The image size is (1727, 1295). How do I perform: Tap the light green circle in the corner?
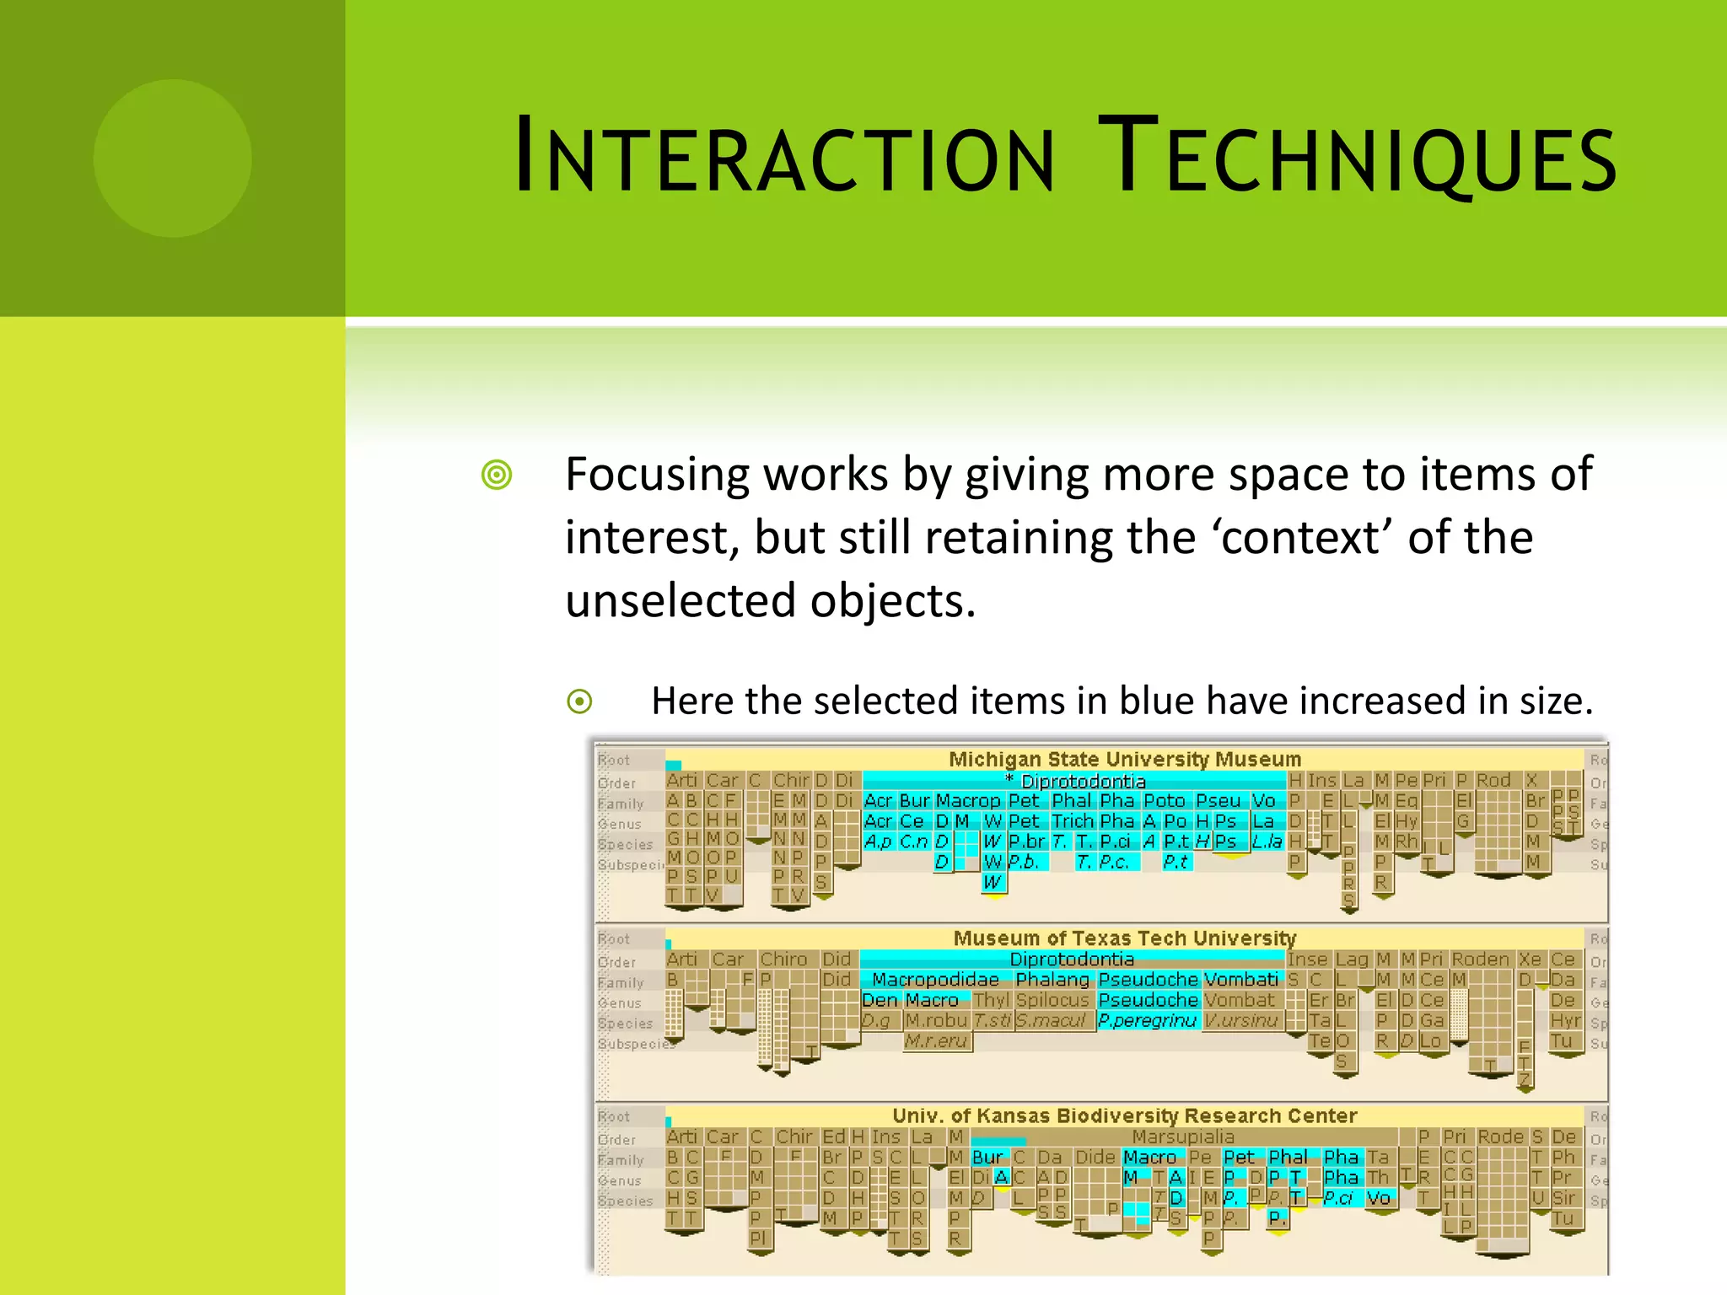pos(173,159)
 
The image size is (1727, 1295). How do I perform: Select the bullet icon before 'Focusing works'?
pos(497,475)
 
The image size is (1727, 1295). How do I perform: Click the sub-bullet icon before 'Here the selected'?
pos(579,701)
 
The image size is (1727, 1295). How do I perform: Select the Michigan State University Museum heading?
pos(1124,760)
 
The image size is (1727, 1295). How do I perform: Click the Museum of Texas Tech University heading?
pos(1124,938)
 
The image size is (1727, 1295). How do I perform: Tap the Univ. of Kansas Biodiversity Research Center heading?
pos(1124,1116)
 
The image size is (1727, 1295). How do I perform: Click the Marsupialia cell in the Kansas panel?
pos(1182,1137)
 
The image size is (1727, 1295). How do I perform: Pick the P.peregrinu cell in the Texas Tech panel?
pos(1147,1021)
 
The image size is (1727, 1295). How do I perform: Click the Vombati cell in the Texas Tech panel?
pos(1240,980)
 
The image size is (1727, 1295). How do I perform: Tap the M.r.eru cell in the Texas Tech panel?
pos(936,1041)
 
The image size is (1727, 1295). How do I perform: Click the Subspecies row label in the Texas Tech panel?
pos(634,1044)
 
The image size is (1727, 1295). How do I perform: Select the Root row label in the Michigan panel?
pos(614,760)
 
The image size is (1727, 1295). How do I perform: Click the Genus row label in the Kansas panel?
pos(620,1181)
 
